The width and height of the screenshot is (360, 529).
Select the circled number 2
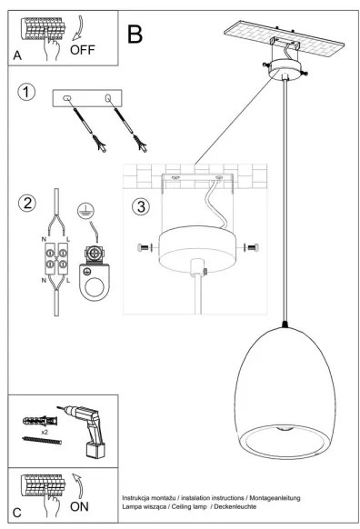pos(28,202)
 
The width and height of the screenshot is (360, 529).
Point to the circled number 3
pos(140,205)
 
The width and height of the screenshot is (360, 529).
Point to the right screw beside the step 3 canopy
pos(253,246)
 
